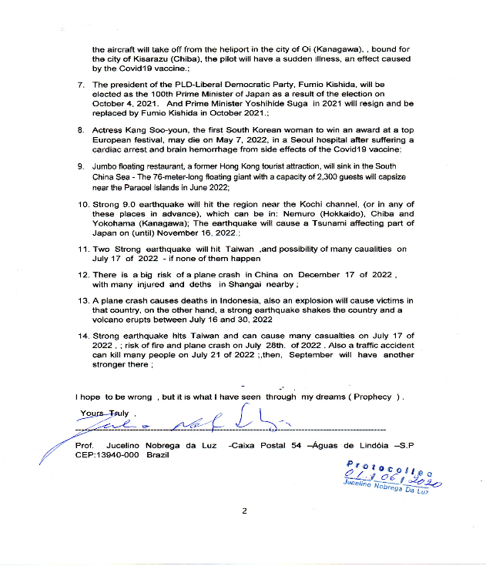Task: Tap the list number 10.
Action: [x=82, y=204]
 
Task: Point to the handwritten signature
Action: [x=193, y=423]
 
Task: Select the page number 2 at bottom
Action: [x=244, y=511]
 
